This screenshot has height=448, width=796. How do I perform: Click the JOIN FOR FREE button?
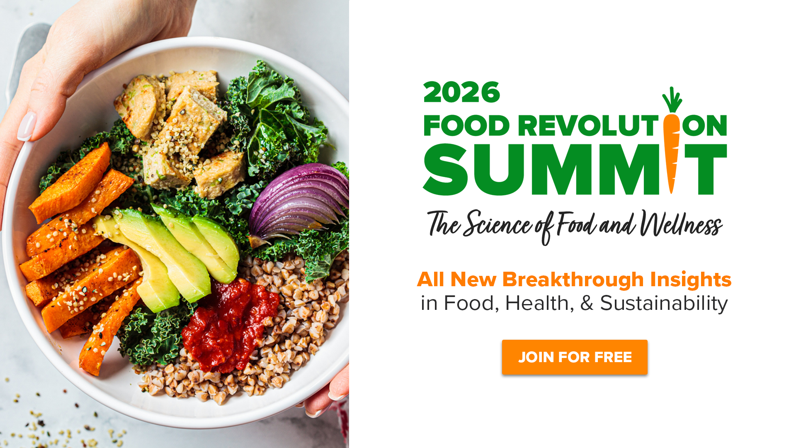(x=575, y=357)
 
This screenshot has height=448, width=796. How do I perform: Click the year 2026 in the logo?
(x=462, y=93)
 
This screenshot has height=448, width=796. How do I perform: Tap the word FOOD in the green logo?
(x=466, y=126)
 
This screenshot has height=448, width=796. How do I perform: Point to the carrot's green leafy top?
(x=672, y=100)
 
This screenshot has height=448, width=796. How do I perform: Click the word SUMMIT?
(x=575, y=170)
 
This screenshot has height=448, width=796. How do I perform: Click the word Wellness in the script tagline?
(x=681, y=224)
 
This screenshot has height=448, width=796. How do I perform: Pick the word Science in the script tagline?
(x=497, y=224)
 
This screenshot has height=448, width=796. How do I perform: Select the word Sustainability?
(x=664, y=303)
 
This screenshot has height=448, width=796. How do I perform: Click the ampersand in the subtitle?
(x=587, y=303)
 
